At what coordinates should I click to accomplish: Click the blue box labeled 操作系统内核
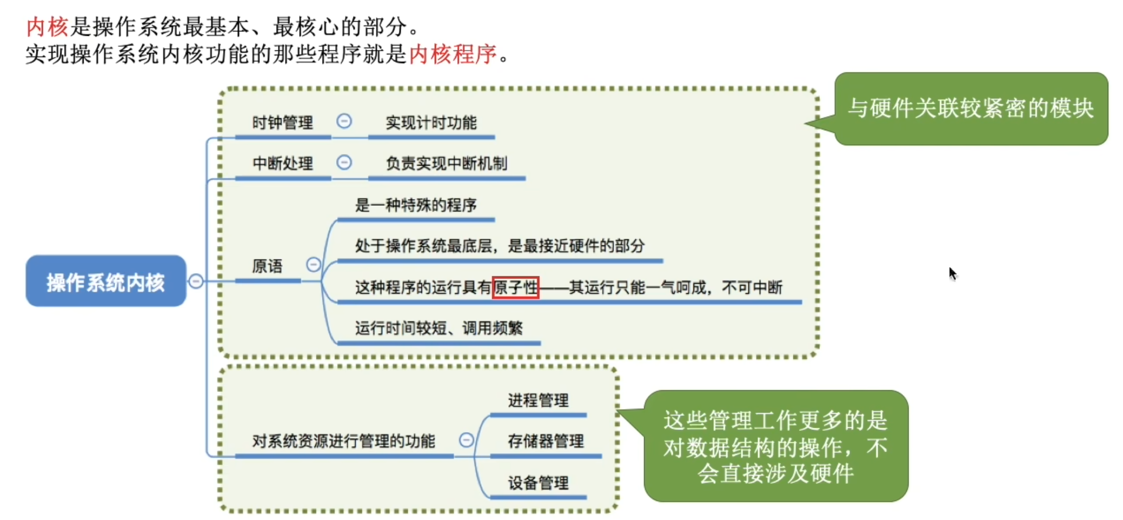106,281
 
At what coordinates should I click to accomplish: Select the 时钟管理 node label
282,123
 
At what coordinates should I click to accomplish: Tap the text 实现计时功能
431,123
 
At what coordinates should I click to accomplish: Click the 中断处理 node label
282,163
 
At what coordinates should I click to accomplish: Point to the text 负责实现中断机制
446,163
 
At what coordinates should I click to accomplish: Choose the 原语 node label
267,266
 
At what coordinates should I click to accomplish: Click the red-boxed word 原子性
515,287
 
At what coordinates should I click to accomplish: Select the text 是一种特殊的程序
416,205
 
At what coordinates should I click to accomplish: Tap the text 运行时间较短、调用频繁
439,328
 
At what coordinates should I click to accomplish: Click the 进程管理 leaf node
538,401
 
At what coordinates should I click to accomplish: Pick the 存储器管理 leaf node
546,441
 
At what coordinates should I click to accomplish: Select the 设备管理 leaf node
538,483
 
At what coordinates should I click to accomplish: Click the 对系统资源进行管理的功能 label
343,441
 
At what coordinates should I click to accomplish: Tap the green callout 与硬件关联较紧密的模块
971,109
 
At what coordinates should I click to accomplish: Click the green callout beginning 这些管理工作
775,446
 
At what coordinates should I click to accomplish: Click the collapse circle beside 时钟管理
344,121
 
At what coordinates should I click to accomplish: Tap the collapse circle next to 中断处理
344,162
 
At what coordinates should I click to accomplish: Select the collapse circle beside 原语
314,264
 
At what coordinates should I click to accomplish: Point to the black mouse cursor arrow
952,273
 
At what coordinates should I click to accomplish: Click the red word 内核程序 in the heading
453,54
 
